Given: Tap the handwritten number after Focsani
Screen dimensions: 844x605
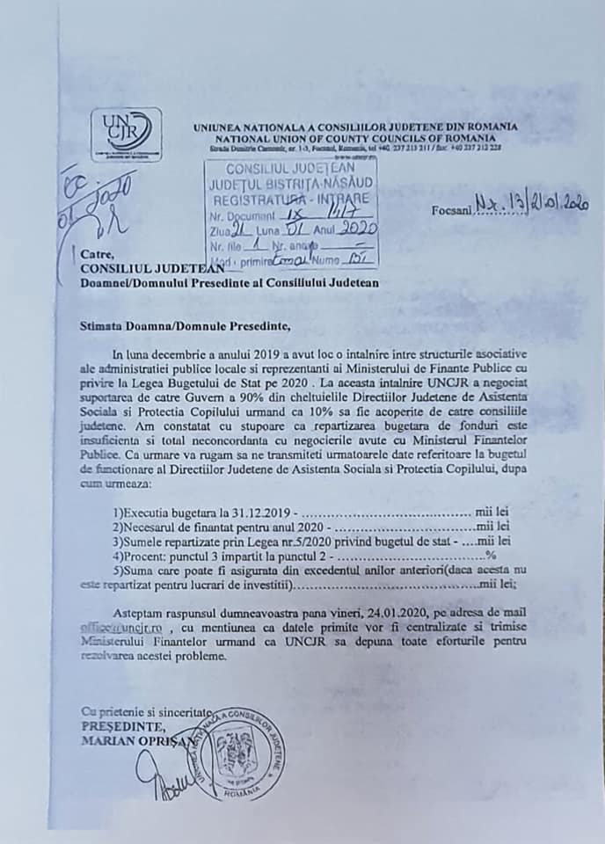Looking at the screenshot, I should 531,205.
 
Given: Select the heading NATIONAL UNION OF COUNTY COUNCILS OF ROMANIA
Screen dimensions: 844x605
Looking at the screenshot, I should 355,139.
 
